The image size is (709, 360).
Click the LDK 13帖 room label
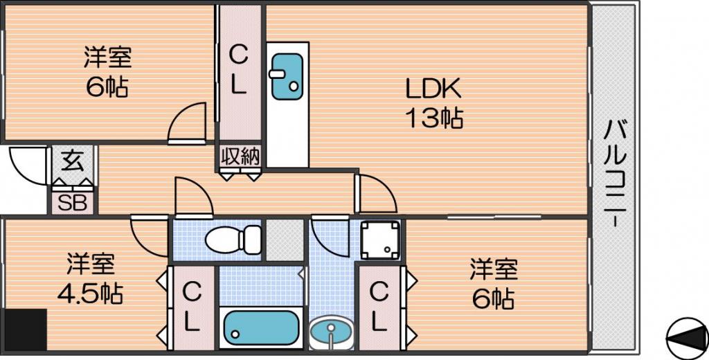pyautogui.click(x=433, y=104)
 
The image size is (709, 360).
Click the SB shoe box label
pyautogui.click(x=72, y=204)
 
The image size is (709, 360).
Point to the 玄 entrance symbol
pyautogui.click(x=73, y=161)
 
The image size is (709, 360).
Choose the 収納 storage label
pyautogui.click(x=240, y=156)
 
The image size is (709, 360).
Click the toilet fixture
pyautogui.click(x=233, y=238)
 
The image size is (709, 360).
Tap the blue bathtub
pyautogui.click(x=261, y=328)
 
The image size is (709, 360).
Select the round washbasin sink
pyautogui.click(x=332, y=333)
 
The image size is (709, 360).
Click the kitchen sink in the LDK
pyautogui.click(x=287, y=76)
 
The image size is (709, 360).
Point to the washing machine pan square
pyautogui.click(x=380, y=240)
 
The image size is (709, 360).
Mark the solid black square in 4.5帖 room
pyautogui.click(x=25, y=330)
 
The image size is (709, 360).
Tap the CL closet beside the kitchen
pyautogui.click(x=239, y=73)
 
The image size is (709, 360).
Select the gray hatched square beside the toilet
pyautogui.click(x=284, y=240)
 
